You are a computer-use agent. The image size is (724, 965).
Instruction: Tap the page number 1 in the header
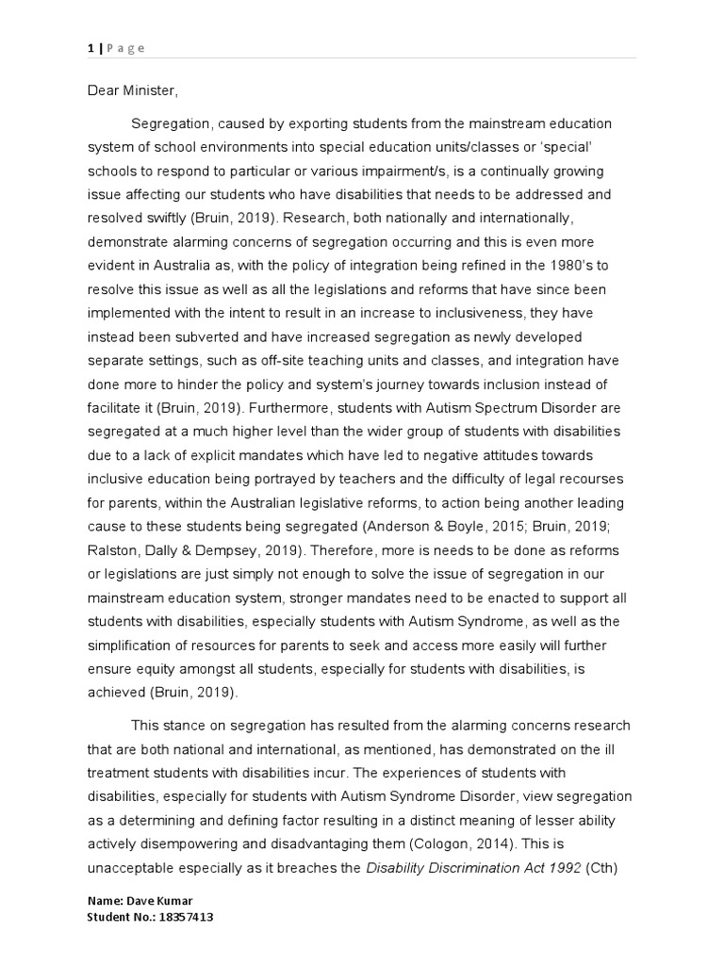[x=90, y=48]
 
